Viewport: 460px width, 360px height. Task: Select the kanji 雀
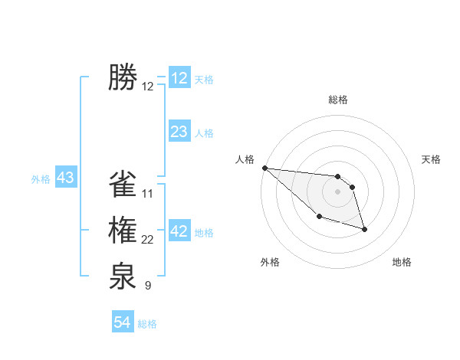[x=123, y=185]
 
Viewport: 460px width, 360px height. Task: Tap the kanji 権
[x=123, y=231]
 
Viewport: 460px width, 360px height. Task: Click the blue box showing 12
[x=179, y=78]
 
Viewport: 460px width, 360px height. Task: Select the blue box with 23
[x=179, y=132]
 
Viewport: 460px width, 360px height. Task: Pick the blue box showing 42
[x=179, y=231]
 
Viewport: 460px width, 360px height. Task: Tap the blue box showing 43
[x=65, y=178]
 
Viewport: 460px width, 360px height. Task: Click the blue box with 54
[x=123, y=322]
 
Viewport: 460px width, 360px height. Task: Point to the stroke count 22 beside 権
[x=148, y=241]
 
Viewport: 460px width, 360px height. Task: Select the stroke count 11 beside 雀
[x=148, y=194]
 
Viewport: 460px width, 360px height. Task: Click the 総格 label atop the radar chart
[x=338, y=100]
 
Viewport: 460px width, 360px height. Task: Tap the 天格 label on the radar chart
[x=432, y=159]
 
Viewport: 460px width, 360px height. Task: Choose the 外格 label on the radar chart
[x=270, y=262]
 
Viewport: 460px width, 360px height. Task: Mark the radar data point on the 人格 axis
[x=264, y=168]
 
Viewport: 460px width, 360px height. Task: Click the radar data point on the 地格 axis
[x=364, y=229]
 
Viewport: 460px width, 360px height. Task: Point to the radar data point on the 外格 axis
[x=319, y=217]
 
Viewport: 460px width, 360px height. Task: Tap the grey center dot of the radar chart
[x=338, y=191]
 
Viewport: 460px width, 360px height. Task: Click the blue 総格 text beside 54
[x=147, y=323]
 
